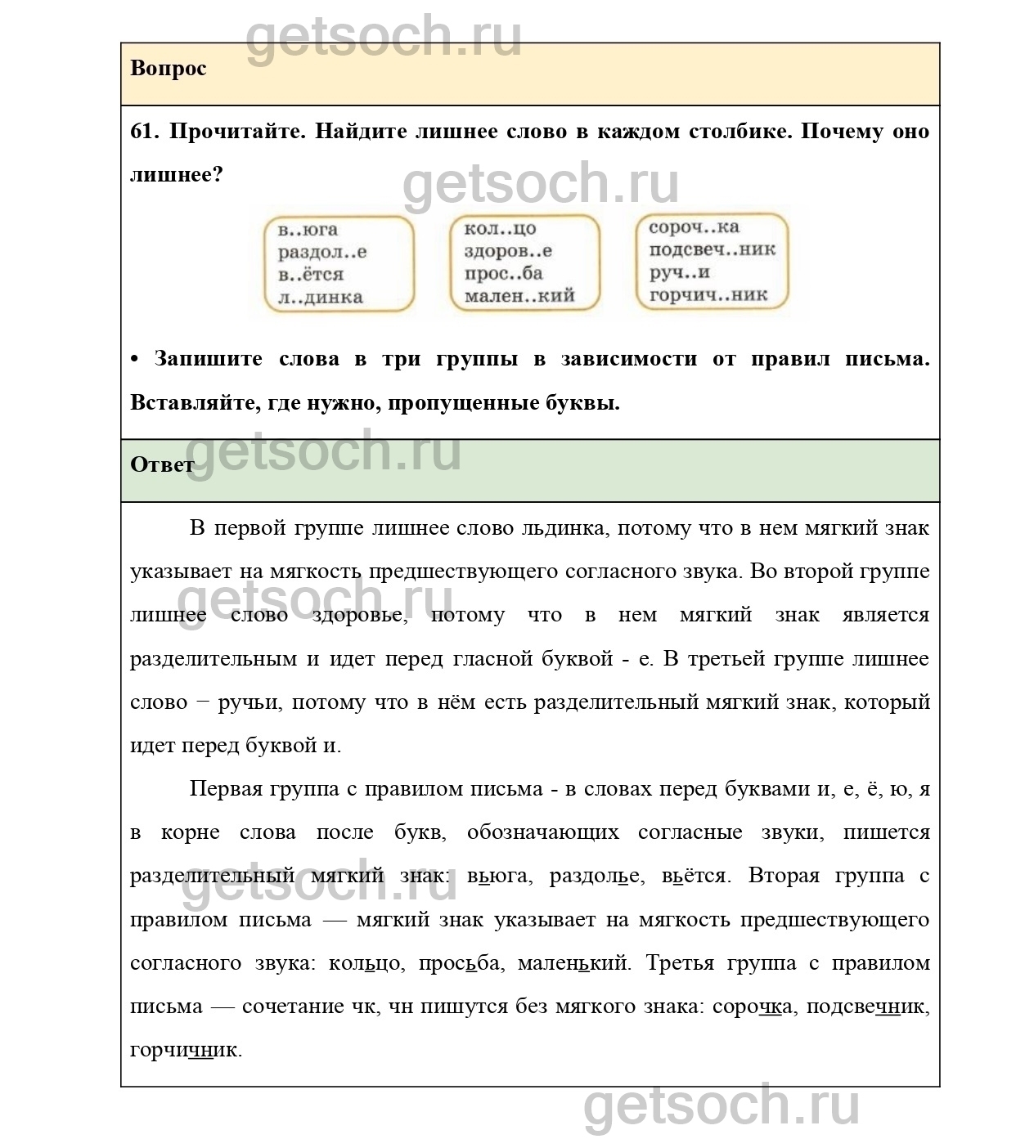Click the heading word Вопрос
[168, 68]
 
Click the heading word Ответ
[162, 464]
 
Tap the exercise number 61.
[144, 132]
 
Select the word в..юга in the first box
[308, 230]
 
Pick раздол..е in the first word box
[322, 252]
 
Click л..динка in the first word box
[321, 297]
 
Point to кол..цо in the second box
[500, 229]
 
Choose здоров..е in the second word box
[508, 251]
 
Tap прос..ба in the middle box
[503, 274]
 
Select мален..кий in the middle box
[519, 296]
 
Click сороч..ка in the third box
[694, 227]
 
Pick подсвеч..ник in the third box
[712, 249]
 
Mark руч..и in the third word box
[680, 272]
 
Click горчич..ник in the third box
[708, 294]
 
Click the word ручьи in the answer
[249, 702]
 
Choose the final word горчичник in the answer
[185, 1050]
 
